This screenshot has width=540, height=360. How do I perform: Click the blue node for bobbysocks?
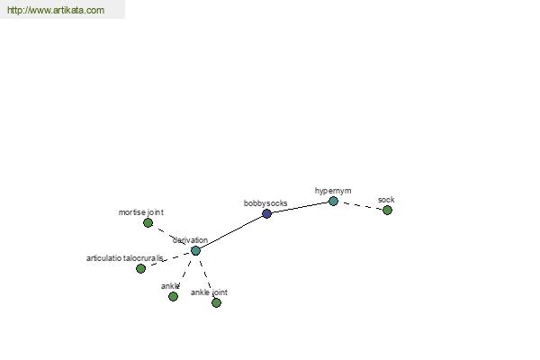point(266,213)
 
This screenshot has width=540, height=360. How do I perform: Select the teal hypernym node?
point(333,202)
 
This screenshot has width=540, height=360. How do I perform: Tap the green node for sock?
point(387,210)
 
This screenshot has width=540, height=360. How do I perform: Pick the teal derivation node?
point(195,250)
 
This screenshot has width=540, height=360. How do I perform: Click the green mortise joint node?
point(148,223)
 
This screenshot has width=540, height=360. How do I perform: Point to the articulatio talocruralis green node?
point(140,268)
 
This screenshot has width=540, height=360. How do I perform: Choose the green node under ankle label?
point(173,296)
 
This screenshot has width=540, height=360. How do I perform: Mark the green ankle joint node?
point(216,302)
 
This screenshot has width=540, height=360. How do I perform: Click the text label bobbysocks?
point(265,203)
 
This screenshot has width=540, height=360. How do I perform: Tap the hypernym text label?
point(333,191)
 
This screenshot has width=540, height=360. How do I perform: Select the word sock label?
point(386,200)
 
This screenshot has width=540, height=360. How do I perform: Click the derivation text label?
point(190,240)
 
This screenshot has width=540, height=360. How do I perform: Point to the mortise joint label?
point(141,212)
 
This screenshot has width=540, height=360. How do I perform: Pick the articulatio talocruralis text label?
point(125,258)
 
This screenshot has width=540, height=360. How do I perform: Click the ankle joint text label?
point(209,292)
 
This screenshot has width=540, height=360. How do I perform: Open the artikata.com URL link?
point(56,10)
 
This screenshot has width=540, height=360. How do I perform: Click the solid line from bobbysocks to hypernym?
point(300,207)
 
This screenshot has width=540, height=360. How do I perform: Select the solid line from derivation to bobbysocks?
point(231,232)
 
